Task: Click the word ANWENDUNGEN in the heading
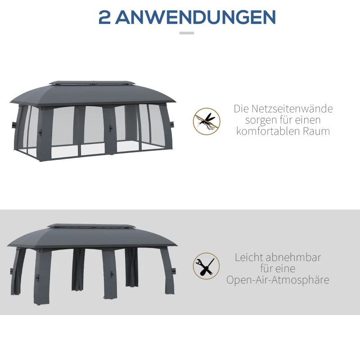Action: click(195, 18)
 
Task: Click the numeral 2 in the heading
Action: click(104, 18)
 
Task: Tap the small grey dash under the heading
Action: click(186, 33)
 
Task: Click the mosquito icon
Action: click(207, 121)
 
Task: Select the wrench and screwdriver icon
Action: click(207, 266)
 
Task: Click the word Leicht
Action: click(248, 257)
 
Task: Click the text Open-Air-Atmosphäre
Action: click(278, 280)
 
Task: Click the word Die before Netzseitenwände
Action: click(241, 109)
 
